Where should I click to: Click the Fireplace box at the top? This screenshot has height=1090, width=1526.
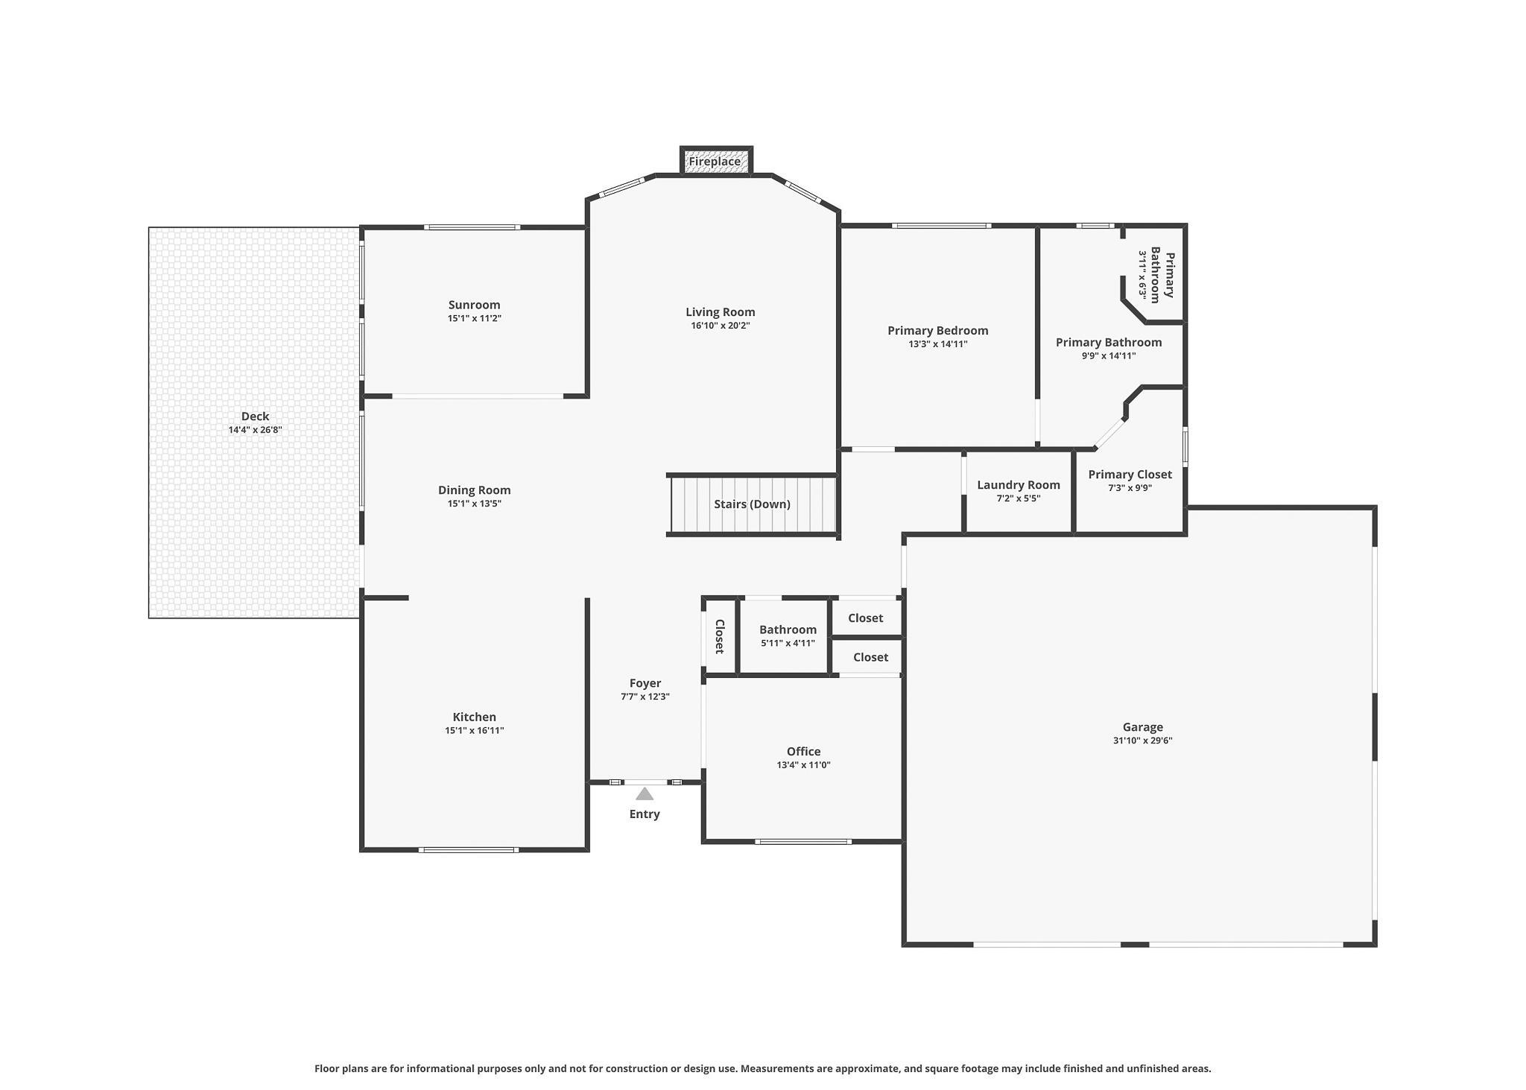716,161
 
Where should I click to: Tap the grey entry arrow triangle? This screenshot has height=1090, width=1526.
645,794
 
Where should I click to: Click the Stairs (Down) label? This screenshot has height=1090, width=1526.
752,504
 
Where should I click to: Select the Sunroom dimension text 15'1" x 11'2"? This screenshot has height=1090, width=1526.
474,319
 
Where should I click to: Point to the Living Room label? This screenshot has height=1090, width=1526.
721,312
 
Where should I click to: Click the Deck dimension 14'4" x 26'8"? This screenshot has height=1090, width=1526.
255,430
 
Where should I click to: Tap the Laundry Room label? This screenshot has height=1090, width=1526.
1019,485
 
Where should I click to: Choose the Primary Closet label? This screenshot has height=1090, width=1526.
1130,475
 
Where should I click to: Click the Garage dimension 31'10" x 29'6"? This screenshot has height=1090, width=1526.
1143,741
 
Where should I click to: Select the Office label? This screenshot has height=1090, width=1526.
803,752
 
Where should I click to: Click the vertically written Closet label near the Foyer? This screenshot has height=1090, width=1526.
720,636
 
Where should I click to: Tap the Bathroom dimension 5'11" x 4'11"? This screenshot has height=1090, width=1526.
788,643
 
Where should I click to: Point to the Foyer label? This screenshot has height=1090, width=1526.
645,683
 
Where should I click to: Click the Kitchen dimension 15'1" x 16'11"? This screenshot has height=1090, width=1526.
475,731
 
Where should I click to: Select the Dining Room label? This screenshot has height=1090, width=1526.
475,490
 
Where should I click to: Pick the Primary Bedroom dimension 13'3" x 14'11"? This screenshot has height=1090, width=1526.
937,344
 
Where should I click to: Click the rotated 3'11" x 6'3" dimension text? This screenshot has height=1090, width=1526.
1142,275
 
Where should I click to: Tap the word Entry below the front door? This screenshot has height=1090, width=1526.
645,814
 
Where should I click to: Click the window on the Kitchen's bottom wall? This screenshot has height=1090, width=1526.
468,850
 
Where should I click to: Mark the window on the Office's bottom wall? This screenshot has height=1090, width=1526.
802,842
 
